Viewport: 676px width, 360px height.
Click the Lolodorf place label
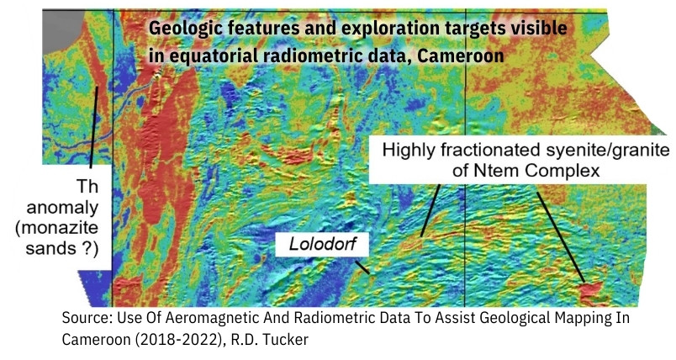coord(323,244)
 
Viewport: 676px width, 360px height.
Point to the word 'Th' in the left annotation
coord(87,187)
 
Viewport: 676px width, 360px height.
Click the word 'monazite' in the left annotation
coord(57,228)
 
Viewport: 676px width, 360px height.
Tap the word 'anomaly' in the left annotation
coord(62,209)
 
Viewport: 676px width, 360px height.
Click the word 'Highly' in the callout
coord(409,151)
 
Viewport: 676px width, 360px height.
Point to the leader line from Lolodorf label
coord(362,267)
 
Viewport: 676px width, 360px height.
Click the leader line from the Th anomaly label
coord(94,127)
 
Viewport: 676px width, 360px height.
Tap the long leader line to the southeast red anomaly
coord(561,237)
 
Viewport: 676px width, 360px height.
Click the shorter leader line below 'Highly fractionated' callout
coord(430,211)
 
